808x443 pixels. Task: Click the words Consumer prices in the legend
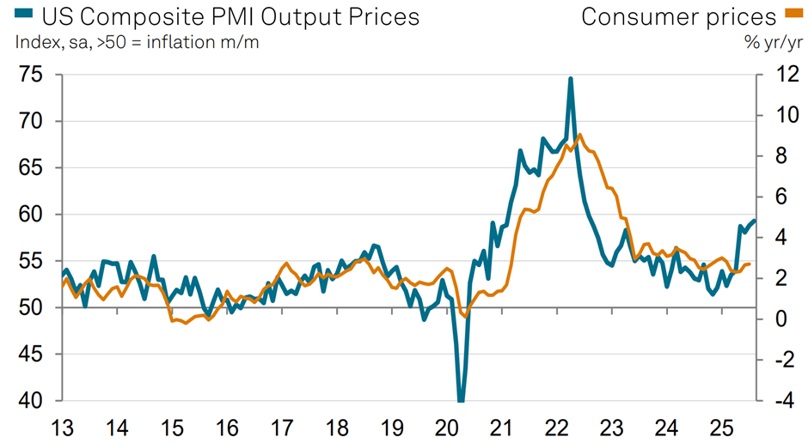678,16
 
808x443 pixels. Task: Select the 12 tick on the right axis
775,75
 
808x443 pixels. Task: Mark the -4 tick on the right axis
775,401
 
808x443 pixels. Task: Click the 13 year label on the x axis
63,427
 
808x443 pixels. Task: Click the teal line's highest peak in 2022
571,78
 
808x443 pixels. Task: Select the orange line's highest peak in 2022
580,135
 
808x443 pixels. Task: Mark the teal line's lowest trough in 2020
462,400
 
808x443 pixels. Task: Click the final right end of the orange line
750,264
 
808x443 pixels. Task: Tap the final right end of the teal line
755,221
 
